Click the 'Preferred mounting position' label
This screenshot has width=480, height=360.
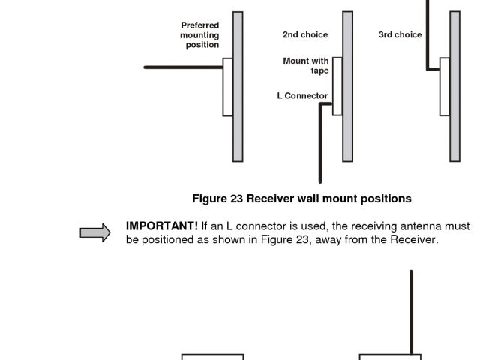(200, 35)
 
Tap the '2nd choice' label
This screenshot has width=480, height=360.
(305, 35)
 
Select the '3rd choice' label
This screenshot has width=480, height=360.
(400, 35)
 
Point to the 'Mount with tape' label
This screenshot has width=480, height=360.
(306, 66)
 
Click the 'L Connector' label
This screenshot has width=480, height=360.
(302, 96)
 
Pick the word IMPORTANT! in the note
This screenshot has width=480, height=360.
(162, 226)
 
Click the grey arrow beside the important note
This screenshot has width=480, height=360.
(95, 234)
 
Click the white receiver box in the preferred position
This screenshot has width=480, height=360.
(228, 87)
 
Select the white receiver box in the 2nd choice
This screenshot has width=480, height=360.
(337, 86)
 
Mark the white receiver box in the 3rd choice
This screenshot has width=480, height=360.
(445, 86)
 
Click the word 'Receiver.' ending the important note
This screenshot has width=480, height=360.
(411, 240)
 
